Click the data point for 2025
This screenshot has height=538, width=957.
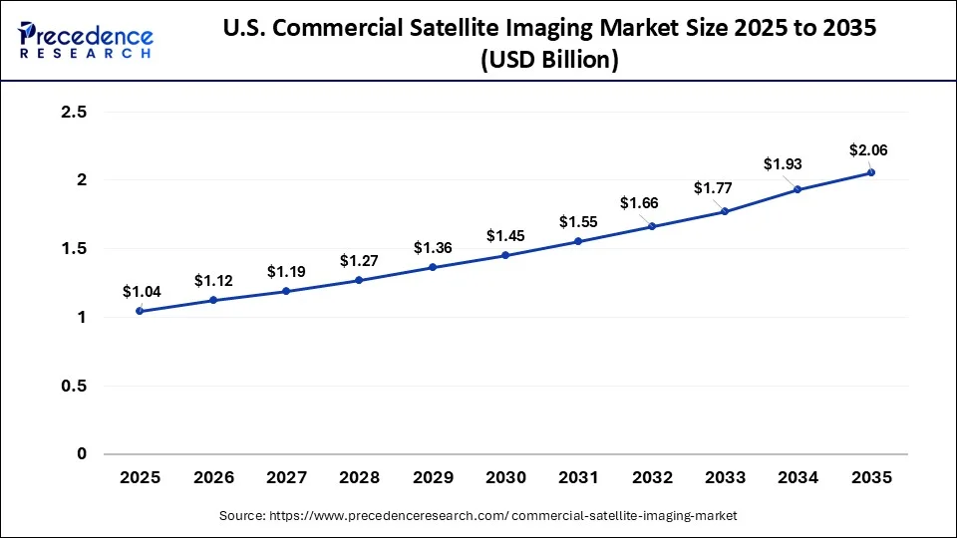coord(140,311)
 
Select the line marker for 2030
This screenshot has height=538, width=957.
coord(505,255)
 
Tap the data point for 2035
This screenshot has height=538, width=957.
coord(871,172)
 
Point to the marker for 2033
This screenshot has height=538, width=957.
coord(725,211)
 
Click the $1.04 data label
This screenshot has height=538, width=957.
coord(140,292)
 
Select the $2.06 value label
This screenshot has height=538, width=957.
coord(868,150)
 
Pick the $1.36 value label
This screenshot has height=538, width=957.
coord(433,248)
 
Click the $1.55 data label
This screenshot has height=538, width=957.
coord(578,221)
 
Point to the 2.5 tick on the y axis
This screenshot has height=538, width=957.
coord(75,113)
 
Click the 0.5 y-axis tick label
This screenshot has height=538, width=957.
coord(75,386)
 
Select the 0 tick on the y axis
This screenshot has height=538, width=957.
coord(82,454)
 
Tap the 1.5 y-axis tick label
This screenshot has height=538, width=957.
coord(75,249)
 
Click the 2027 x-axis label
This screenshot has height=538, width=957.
coord(286,478)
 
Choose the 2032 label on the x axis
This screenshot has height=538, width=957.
coord(652,478)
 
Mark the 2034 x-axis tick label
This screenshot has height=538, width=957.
coord(798,478)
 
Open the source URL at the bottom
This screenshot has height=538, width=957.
coord(478,515)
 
